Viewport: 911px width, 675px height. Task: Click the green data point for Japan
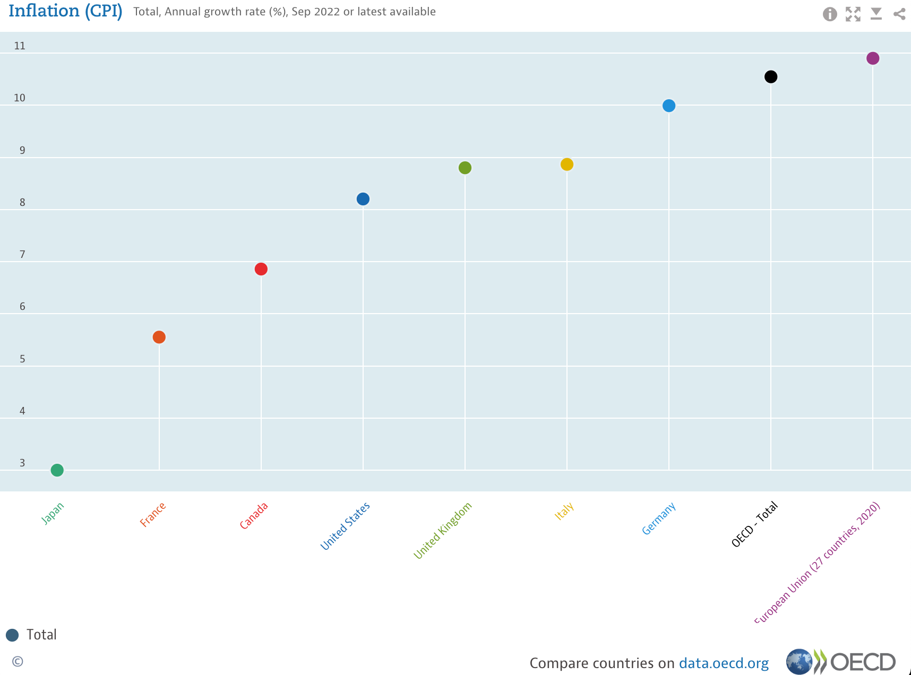pos(57,470)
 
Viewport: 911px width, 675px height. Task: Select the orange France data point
pos(159,337)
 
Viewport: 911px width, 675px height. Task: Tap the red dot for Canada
pos(261,269)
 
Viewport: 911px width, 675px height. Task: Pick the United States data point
pos(363,199)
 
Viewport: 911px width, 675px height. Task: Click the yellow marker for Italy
pos(567,165)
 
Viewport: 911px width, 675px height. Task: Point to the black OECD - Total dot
pos(771,77)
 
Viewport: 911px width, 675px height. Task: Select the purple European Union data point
pos(873,58)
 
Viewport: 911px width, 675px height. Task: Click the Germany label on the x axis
pos(659,518)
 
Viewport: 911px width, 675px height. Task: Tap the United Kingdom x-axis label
pos(443,530)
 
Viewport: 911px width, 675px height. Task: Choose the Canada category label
pos(254,516)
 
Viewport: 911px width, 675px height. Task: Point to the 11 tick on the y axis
pos(20,46)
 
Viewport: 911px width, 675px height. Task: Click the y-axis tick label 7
pos(22,255)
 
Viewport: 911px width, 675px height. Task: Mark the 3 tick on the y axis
pos(22,463)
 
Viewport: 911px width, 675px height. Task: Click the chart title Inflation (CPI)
pos(65,11)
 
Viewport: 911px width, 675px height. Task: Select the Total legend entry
pos(32,635)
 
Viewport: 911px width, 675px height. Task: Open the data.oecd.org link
pos(724,663)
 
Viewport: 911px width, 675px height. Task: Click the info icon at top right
pos(830,14)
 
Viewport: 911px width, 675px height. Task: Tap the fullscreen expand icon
pos(853,14)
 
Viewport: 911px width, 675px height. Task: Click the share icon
pos(899,14)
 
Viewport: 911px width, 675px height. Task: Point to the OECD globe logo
pos(799,662)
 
